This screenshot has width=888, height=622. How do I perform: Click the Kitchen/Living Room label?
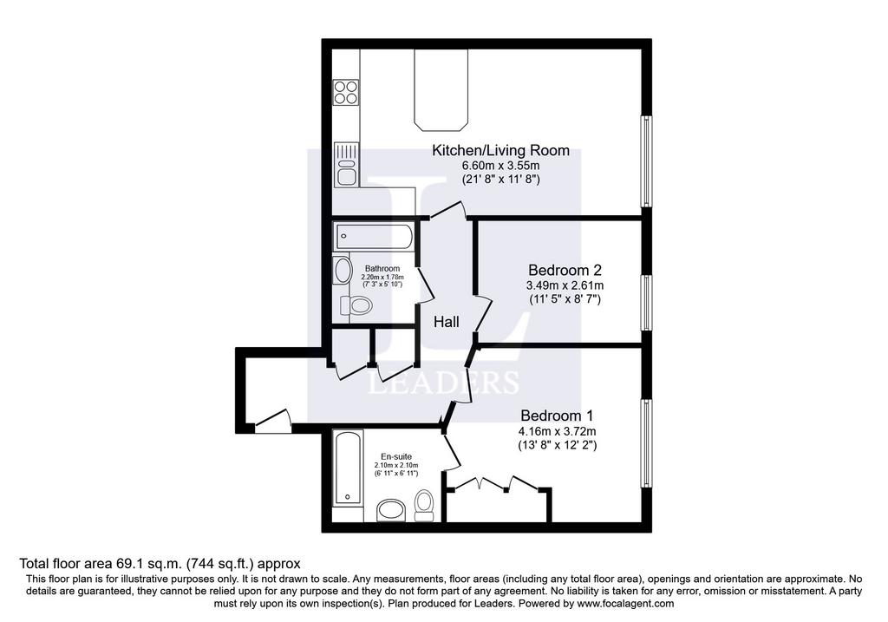tap(488, 150)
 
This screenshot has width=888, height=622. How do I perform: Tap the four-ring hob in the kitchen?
tap(347, 91)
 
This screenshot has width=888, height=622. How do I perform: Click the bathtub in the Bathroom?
tap(374, 235)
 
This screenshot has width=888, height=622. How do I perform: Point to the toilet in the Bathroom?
tap(357, 304)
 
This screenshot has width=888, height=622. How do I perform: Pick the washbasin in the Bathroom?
tap(343, 270)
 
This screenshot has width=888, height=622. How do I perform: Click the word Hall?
tap(447, 322)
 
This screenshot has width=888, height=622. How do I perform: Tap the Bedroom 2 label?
tap(565, 269)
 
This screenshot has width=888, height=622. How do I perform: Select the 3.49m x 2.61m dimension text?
tap(565, 285)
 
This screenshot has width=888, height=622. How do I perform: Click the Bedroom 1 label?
tap(558, 415)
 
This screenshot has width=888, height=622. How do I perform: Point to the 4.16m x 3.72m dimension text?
tap(558, 430)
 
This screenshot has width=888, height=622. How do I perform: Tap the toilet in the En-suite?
tap(424, 505)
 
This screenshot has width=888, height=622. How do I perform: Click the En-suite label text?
tap(395, 455)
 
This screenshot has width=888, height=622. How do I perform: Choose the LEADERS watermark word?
tap(443, 383)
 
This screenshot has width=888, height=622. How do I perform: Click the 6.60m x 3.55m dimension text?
tap(488, 165)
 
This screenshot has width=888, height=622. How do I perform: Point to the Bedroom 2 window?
tap(645, 303)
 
